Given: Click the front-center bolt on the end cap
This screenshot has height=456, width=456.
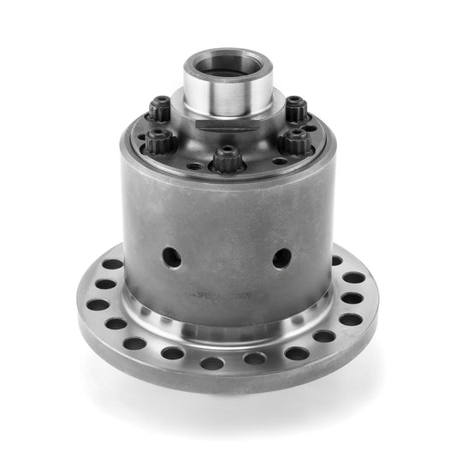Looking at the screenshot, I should (x=226, y=158).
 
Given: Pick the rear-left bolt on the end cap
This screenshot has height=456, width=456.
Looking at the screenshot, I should (x=159, y=109).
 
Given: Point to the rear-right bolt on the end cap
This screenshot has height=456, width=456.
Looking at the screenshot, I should (x=295, y=109).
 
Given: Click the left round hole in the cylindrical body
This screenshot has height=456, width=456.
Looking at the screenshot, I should (x=172, y=257).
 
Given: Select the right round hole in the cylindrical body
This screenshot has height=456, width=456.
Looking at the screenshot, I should (x=281, y=257).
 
